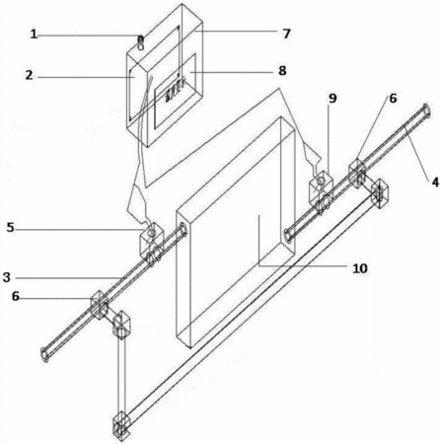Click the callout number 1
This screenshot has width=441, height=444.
pos(34,35)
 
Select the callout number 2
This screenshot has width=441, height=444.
pos(30,75)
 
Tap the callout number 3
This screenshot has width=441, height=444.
pos(7,277)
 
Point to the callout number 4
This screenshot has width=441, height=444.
pos(435,182)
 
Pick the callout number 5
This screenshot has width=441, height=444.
pos(11,228)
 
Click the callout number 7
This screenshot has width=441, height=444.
pos(286,34)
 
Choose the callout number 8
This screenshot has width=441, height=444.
pos(282,70)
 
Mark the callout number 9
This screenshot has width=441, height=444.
pos(332,98)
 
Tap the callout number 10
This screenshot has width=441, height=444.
pos(360,268)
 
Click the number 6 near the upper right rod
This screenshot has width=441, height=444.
pos(393,99)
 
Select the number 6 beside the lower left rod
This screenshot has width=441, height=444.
pos(16,296)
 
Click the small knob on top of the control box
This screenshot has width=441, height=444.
pos(141,42)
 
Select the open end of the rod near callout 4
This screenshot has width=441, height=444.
pos(426,111)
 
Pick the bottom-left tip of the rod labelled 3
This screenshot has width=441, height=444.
pos(44,355)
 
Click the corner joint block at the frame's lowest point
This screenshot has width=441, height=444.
pos(121,425)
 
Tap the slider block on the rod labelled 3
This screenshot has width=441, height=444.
pos(100,305)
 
